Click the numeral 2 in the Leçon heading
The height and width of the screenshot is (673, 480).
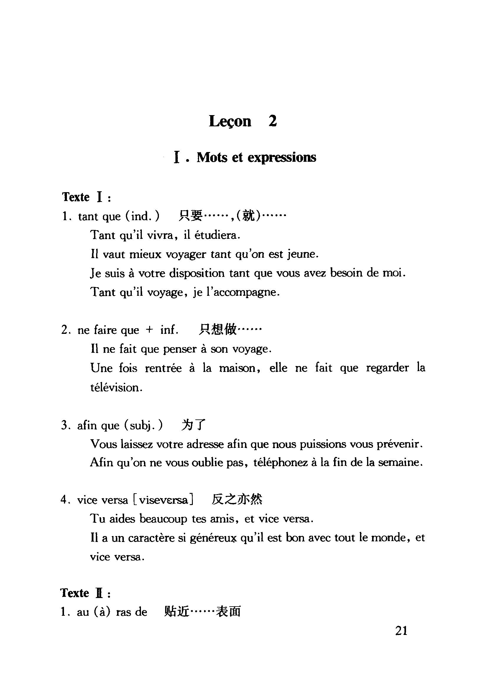272,121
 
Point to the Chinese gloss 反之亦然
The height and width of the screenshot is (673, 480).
237,500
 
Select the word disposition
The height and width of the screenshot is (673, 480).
197,273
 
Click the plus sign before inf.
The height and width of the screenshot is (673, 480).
149,330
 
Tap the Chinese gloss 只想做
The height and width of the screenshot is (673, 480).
218,329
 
